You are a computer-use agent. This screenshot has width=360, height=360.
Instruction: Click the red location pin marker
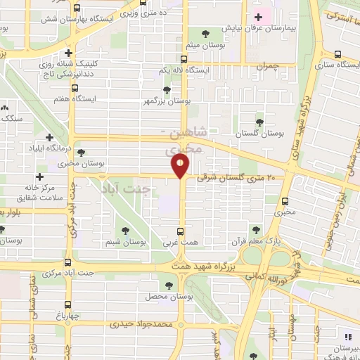click(x=181, y=166)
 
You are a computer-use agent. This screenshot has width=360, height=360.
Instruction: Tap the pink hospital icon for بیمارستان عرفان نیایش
click(x=257, y=17)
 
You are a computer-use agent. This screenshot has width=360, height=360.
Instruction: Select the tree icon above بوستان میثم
click(x=205, y=33)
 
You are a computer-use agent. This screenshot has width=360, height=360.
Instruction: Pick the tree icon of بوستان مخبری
click(x=82, y=152)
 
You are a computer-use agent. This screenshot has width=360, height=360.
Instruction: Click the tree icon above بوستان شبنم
click(x=126, y=230)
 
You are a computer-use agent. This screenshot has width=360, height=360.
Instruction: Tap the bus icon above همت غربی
click(x=181, y=231)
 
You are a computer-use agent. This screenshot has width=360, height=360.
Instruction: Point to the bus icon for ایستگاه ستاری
click(x=338, y=55)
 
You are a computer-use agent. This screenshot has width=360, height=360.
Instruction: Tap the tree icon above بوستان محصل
click(x=168, y=285)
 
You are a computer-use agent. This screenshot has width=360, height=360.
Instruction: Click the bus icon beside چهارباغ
click(x=67, y=305)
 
